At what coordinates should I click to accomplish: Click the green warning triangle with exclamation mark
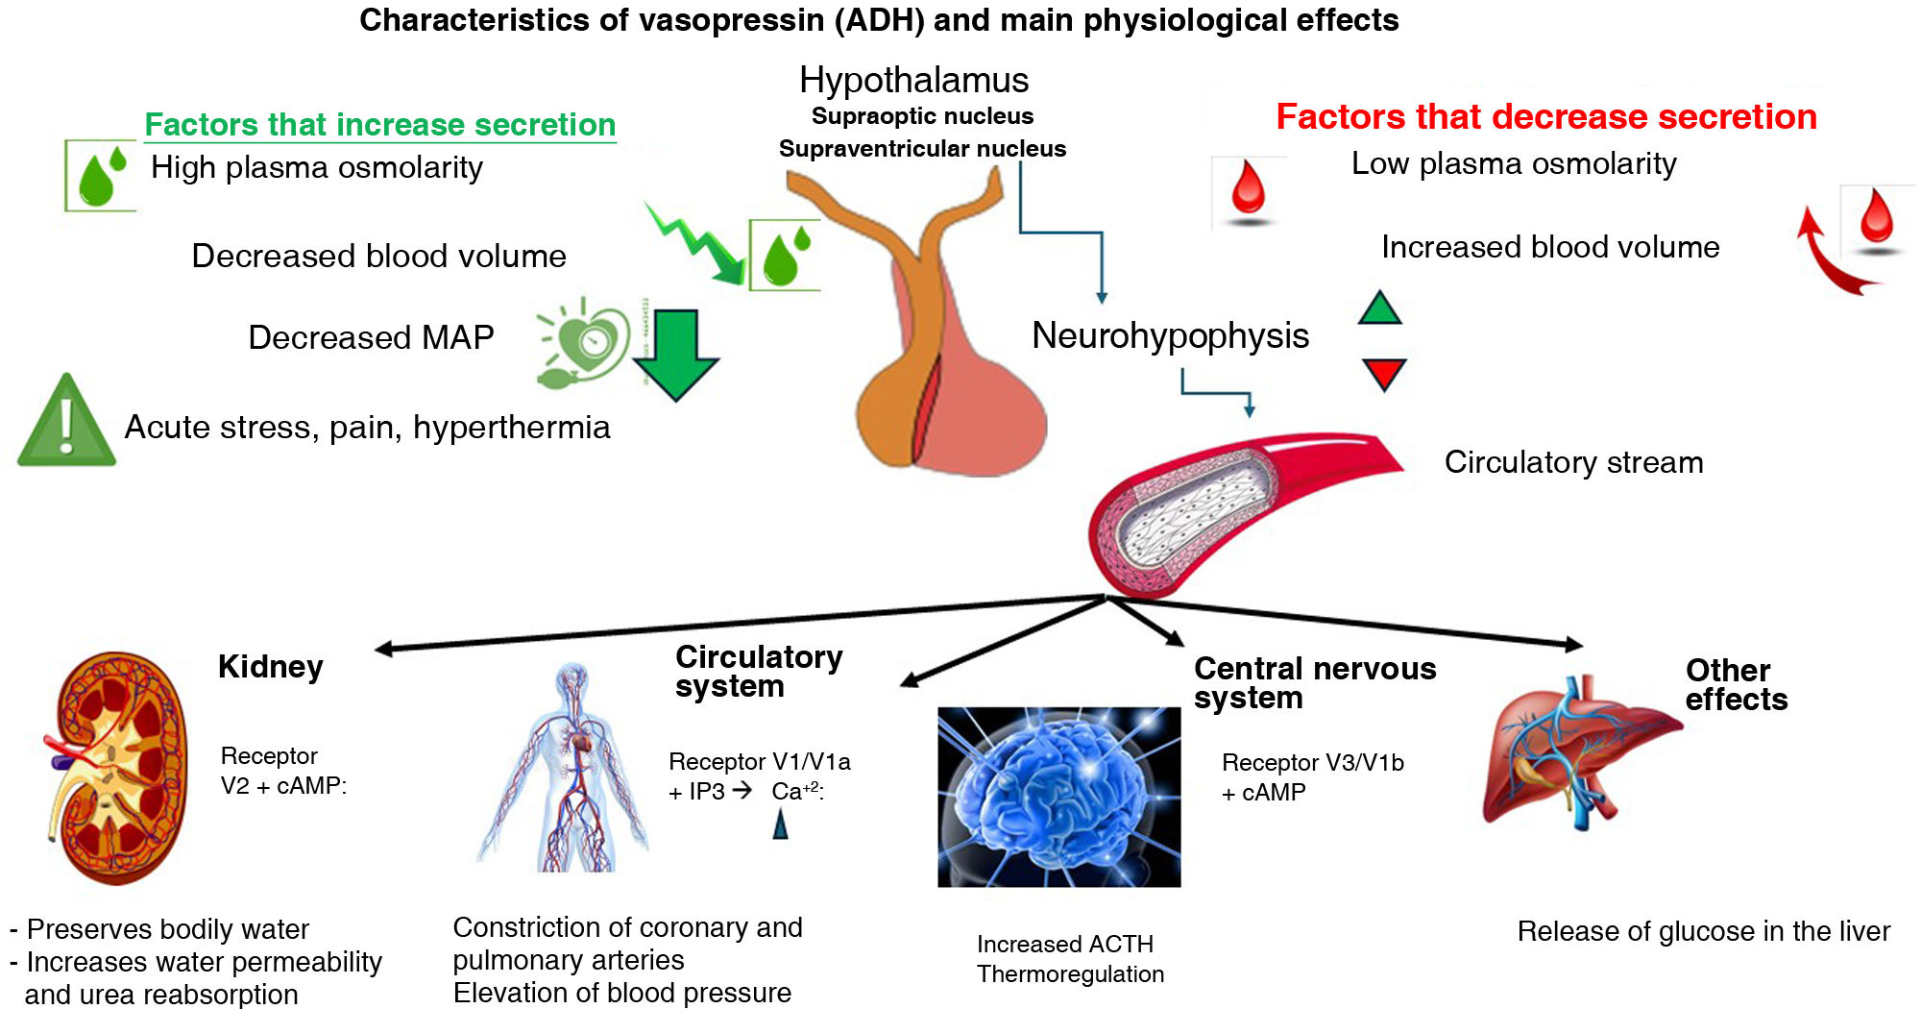pyautogui.click(x=65, y=423)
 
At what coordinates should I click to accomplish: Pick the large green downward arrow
pyautogui.click(x=676, y=354)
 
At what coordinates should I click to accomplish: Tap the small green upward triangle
pyautogui.click(x=1380, y=308)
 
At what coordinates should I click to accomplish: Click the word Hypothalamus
pyautogui.click(x=913, y=80)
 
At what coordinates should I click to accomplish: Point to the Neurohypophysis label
pyautogui.click(x=1170, y=335)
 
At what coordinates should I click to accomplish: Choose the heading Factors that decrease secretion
pyautogui.click(x=1545, y=116)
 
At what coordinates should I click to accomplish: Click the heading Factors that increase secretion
pyautogui.click(x=379, y=125)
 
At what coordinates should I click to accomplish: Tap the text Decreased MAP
pyautogui.click(x=371, y=337)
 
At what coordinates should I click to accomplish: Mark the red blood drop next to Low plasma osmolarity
pyautogui.click(x=1248, y=189)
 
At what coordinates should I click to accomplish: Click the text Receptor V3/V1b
pyautogui.click(x=1312, y=762)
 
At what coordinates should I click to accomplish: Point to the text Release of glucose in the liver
pyautogui.click(x=1703, y=931)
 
